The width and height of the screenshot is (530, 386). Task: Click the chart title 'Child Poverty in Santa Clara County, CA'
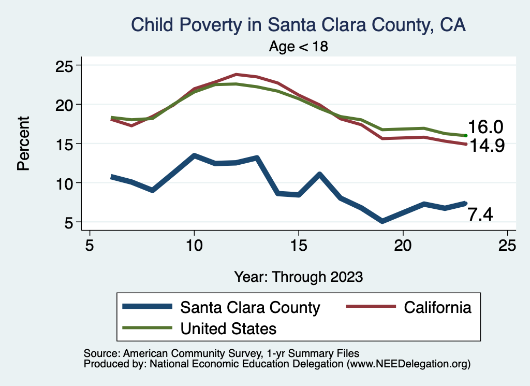coord(299,25)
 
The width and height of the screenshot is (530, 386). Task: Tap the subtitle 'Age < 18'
coord(299,47)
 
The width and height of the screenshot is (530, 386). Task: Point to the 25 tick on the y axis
coord(65,65)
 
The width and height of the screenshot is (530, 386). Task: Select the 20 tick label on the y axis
coord(65,104)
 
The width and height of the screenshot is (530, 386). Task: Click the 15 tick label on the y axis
coord(65,144)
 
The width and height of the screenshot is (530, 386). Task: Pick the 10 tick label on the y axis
coord(65,183)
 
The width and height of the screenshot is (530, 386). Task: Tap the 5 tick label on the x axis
coord(90,245)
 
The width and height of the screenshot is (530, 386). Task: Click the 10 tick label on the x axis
coord(194,245)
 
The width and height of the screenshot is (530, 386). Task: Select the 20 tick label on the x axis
coord(403,245)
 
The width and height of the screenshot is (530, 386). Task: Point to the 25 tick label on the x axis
coord(507,245)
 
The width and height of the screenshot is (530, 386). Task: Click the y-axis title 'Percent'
coord(22,144)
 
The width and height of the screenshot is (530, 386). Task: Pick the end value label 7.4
coord(480,214)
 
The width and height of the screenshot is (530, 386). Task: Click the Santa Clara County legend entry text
coord(250,307)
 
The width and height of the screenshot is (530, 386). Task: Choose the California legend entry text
coord(437,307)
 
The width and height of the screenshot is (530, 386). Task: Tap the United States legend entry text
coord(228,328)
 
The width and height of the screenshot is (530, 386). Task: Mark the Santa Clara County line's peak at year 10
coord(194,155)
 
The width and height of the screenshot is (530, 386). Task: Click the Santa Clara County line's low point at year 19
coord(382,221)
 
